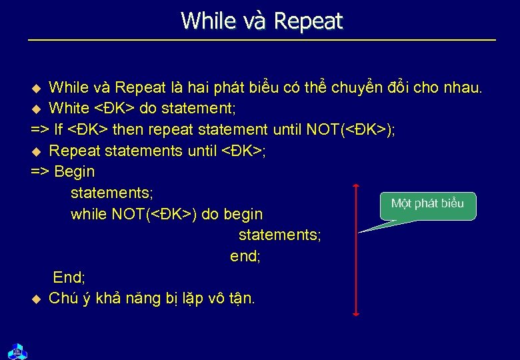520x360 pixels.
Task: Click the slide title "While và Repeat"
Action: pos(261,21)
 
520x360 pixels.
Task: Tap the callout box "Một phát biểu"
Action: pos(428,204)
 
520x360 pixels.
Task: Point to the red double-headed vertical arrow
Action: pos(357,250)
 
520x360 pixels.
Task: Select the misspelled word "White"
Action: pos(69,108)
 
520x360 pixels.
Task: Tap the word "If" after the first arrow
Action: pos(59,129)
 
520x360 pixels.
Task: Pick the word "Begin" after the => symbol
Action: pos(75,172)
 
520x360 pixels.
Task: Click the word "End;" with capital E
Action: pos(69,277)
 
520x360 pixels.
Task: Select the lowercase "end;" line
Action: pos(245,256)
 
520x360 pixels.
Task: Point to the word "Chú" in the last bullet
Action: pos(63,298)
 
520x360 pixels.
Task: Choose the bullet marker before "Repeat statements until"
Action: pos(37,151)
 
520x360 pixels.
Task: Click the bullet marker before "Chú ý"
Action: pos(37,299)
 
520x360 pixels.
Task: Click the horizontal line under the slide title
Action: pos(261,41)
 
